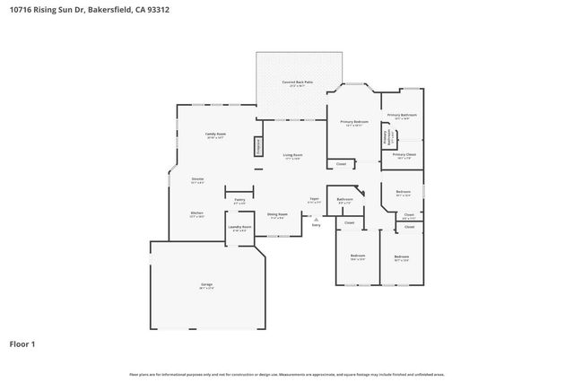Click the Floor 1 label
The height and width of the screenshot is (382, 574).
coord(23,343)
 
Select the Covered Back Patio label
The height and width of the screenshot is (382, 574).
coord(298,82)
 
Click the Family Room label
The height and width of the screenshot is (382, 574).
coord(215,134)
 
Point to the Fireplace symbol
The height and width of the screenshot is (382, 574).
coord(258,146)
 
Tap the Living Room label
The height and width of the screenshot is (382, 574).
coord(293,154)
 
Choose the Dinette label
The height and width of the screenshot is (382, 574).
coord(197,179)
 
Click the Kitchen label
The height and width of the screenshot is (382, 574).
coord(196,213)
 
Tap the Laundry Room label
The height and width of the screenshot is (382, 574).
coord(240,227)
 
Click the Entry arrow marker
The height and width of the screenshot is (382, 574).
coord(316,219)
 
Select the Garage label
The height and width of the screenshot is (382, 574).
coord(206,284)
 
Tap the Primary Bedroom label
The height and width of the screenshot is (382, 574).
coord(354,121)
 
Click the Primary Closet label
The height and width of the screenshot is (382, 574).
coord(404,154)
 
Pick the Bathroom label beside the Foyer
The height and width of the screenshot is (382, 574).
coord(344,199)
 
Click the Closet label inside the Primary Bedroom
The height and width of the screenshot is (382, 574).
coord(341,163)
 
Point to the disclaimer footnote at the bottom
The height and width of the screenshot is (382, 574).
coord(287,374)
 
